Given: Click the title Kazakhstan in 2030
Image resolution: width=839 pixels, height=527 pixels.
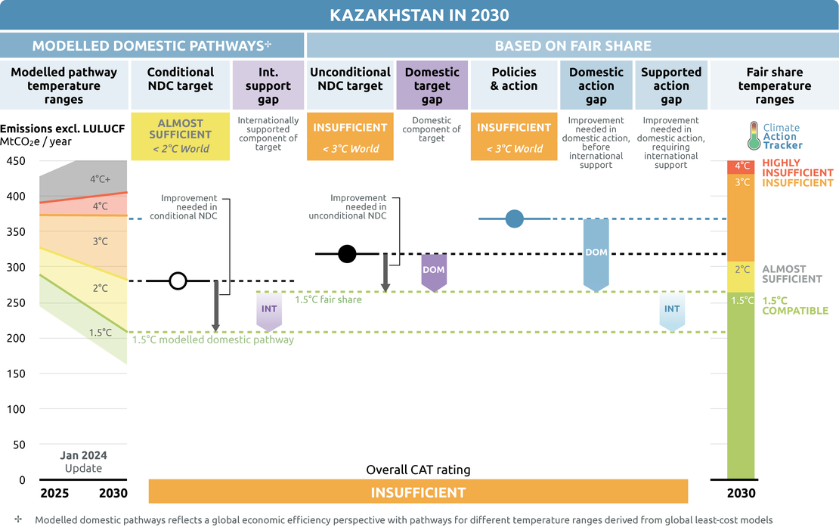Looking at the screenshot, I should click(x=419, y=15).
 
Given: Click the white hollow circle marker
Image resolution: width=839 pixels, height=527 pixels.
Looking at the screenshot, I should click(x=178, y=281).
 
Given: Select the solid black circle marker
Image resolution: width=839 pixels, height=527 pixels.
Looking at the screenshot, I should click(x=347, y=254).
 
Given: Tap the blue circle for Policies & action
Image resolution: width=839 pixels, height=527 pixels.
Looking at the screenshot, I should click(x=515, y=219).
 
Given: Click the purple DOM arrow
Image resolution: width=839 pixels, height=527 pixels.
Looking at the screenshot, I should click(x=432, y=271).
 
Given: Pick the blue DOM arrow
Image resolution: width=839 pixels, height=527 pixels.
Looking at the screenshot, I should click(x=596, y=254).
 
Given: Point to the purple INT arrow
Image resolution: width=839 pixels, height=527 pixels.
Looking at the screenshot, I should click(x=269, y=311).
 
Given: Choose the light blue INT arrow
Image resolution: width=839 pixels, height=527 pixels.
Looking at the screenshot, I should click(x=671, y=311).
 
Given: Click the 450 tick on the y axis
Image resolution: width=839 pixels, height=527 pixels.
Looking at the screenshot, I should click(x=16, y=161).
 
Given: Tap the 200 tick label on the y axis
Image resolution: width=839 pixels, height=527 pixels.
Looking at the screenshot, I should click(x=16, y=338).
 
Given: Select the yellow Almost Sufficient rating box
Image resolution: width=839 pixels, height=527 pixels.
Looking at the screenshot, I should click(x=181, y=136).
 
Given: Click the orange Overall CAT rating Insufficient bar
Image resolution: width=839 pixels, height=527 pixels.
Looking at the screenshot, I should click(x=418, y=492).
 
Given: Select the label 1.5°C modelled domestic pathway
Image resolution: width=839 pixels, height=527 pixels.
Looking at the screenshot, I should click(x=212, y=340).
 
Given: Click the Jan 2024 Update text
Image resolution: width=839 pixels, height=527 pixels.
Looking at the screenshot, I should click(x=83, y=461).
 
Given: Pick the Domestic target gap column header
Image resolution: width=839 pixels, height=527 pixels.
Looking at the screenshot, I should click(x=432, y=85).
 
